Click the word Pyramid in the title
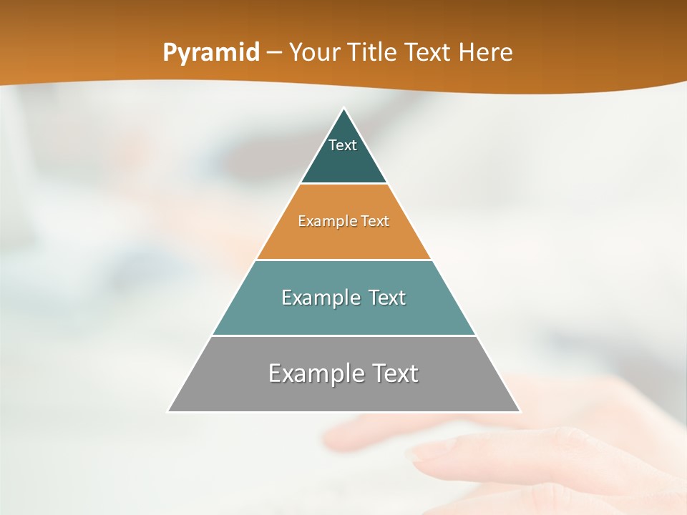coord(211,53)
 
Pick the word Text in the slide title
coord(429,52)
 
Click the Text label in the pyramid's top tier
coord(343,145)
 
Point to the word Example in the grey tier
coord(308,373)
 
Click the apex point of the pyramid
coord(344,109)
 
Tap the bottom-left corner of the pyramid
coord(169,411)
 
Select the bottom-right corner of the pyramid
coord(520,411)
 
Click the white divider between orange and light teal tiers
coord(344,260)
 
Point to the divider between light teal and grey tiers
coord(344,335)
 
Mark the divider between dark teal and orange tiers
coord(344,184)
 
